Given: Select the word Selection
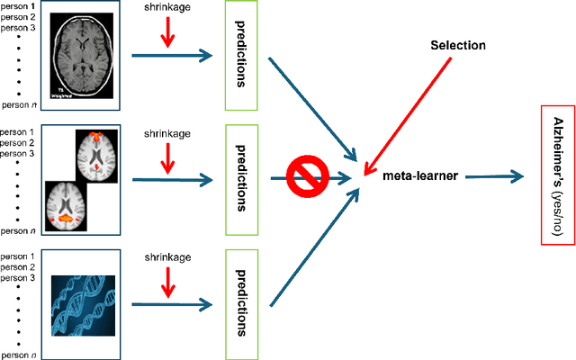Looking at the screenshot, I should (x=457, y=45).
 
